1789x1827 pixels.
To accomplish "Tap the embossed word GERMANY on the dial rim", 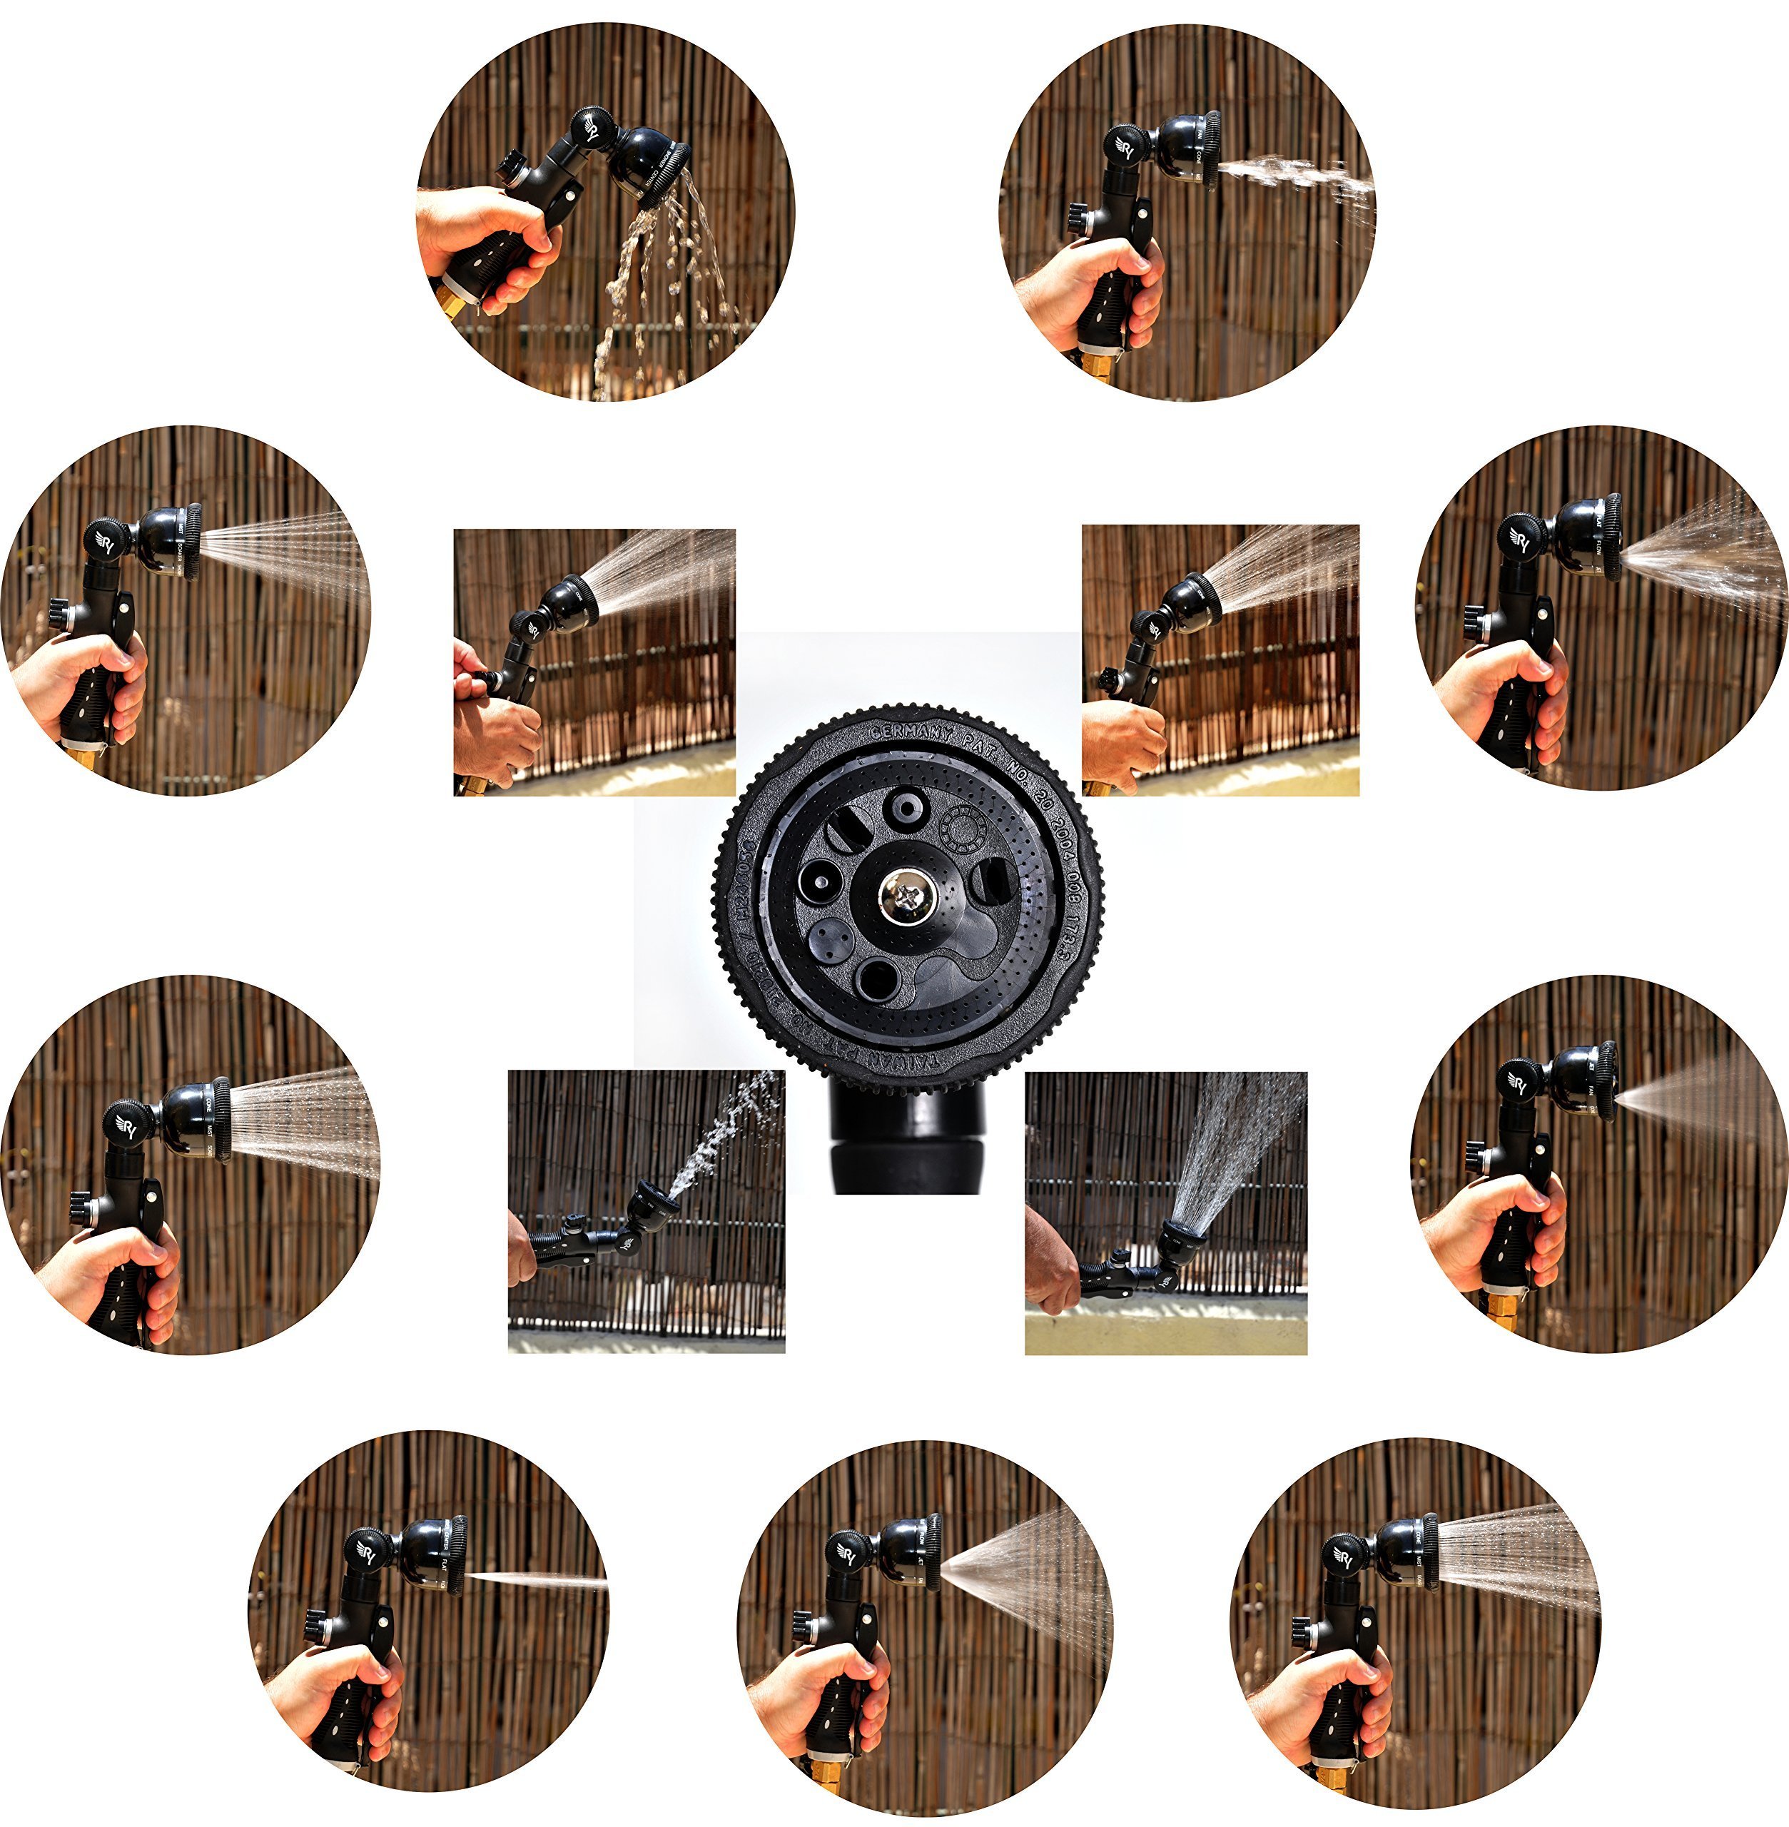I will (x=910, y=732).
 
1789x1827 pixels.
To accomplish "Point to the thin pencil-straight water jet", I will (x=536, y=1580).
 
